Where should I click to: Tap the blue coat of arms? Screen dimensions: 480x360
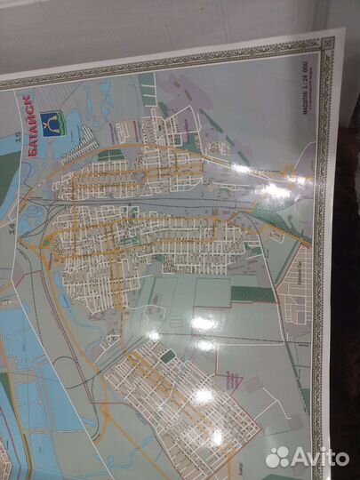[x=55, y=122]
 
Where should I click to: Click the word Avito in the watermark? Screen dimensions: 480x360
[x=321, y=457]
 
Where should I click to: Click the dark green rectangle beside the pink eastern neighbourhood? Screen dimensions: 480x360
[x=252, y=293]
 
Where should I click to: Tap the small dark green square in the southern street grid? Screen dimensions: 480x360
[x=167, y=356]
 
